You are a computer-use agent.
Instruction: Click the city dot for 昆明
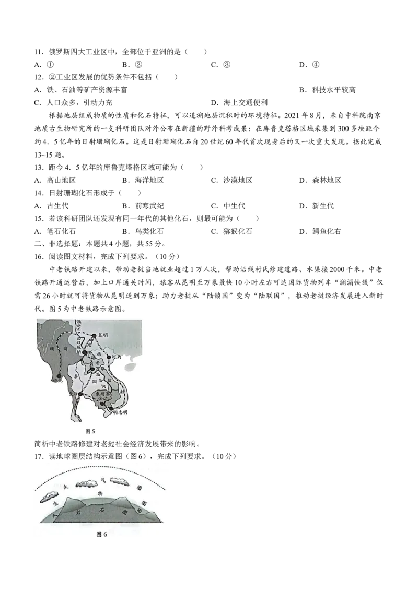tap(94, 335)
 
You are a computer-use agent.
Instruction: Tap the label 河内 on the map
tap(117, 357)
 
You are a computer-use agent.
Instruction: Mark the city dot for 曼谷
tap(80, 394)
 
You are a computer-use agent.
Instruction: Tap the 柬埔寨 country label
tap(100, 393)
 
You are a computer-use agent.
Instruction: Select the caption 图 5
tap(90, 432)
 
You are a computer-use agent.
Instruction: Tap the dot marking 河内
tap(109, 357)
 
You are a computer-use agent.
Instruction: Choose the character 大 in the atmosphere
tap(65, 487)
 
